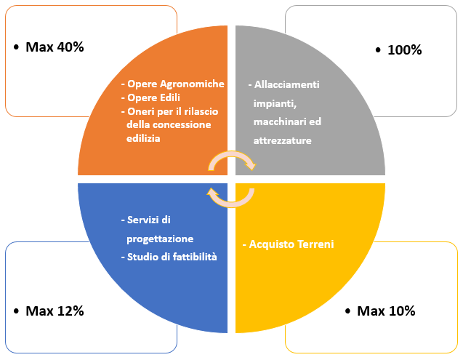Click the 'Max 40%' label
click(55, 47)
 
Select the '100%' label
click(405, 49)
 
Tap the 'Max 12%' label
click(55, 311)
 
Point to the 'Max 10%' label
click(386, 311)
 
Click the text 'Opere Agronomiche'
click(176, 84)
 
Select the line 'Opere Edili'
click(153, 97)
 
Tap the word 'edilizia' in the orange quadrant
click(143, 138)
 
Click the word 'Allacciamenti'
click(286, 84)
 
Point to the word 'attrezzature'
click(282, 140)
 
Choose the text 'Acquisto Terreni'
click(291, 244)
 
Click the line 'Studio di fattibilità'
click(172, 257)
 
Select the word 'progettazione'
click(160, 239)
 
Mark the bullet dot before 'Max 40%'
click(16, 47)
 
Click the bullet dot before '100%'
click(378, 50)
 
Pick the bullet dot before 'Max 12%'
click(16, 311)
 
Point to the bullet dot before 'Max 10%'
click(347, 311)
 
